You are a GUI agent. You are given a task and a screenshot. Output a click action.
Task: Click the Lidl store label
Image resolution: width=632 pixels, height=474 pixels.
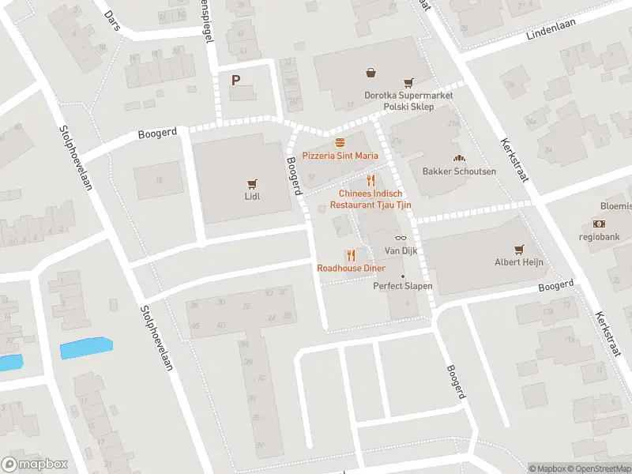click(x=253, y=196)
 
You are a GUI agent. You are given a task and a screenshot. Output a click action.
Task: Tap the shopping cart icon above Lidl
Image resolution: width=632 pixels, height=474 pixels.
click(x=253, y=182)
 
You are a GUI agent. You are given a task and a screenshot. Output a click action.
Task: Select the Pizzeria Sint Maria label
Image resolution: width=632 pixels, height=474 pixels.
click(x=340, y=156)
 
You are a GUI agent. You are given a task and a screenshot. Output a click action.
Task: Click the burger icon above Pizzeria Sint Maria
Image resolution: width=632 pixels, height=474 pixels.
click(x=340, y=142)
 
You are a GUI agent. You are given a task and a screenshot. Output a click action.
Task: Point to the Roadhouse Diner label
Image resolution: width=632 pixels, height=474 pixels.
click(x=351, y=269)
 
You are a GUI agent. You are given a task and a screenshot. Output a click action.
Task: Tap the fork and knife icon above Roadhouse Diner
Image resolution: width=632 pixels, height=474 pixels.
click(x=351, y=254)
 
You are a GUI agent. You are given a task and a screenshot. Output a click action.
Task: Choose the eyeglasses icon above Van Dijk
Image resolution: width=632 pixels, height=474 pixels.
click(x=400, y=238)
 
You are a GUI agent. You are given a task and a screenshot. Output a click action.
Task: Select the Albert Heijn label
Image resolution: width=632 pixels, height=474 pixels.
click(x=519, y=262)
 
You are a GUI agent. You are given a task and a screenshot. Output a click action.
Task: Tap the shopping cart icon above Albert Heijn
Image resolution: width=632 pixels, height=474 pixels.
click(x=519, y=249)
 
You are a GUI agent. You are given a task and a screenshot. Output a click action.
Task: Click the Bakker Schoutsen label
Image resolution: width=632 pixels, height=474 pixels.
click(x=459, y=171)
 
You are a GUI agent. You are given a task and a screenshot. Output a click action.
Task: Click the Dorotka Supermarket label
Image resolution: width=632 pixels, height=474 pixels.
click(x=408, y=96)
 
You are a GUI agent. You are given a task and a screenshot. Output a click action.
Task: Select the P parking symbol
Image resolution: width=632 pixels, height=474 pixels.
click(x=235, y=80)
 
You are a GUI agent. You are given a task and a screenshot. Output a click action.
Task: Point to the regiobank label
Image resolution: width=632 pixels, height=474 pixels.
click(x=598, y=236)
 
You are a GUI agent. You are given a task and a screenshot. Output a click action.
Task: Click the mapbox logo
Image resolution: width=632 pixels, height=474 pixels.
click(x=35, y=465)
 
